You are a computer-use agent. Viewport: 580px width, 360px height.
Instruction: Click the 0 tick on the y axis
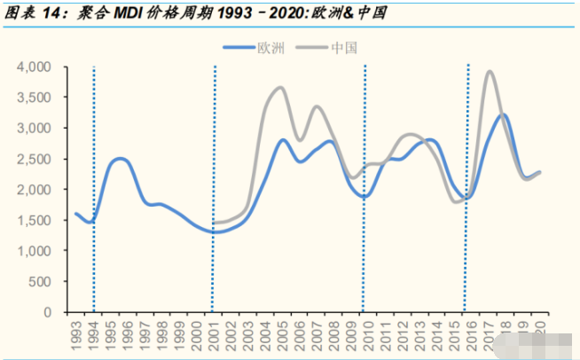[49, 312]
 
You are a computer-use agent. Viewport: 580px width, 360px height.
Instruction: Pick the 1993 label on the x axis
[76, 335]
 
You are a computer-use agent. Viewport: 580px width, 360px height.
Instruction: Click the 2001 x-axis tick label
[214, 335]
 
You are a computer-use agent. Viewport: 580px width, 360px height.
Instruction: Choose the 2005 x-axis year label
[281, 335]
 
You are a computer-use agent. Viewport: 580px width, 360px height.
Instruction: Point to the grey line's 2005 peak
[280, 88]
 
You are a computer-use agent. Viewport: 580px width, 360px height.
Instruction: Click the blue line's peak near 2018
[503, 114]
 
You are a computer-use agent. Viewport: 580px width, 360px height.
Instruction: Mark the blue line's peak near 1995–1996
[121, 159]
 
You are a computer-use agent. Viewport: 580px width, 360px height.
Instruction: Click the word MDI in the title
[122, 13]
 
